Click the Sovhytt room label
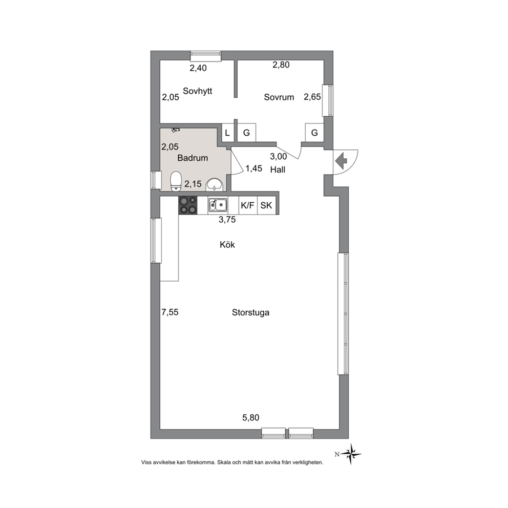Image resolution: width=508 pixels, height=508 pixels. [197, 91]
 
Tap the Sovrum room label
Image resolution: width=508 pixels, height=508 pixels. [279, 97]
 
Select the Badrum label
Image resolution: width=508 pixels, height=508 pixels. [193, 158]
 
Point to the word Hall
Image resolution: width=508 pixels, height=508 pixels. [278, 170]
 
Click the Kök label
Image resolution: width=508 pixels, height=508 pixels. [227, 245]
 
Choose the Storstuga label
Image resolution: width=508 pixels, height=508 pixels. [251, 313]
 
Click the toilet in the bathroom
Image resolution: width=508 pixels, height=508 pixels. [176, 181]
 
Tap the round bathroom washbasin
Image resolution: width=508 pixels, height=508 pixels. [214, 184]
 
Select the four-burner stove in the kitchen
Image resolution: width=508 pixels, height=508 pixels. [188, 205]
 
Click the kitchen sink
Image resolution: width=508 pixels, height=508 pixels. [218, 205]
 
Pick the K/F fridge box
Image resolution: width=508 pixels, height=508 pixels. [248, 205]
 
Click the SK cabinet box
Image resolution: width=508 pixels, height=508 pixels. [267, 205]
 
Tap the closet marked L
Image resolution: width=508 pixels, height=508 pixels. [227, 133]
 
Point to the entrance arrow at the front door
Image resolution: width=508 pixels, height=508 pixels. [341, 161]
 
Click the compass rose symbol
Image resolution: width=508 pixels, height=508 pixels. [351, 454]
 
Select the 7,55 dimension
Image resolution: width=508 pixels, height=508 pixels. [170, 312]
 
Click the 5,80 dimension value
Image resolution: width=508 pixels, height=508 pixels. [251, 418]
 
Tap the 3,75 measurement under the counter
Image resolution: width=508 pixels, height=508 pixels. [227, 220]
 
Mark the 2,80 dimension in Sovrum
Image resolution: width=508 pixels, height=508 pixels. [281, 65]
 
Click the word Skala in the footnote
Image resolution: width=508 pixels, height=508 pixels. [224, 462]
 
